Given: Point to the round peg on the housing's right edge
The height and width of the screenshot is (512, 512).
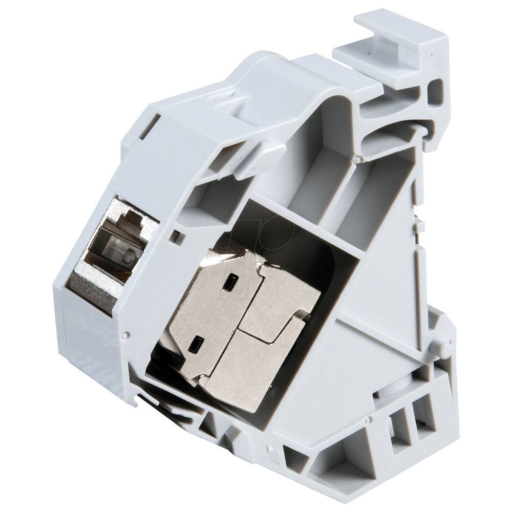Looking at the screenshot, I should pos(444,349).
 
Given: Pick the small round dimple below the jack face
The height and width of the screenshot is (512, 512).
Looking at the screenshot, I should pos(124,335).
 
